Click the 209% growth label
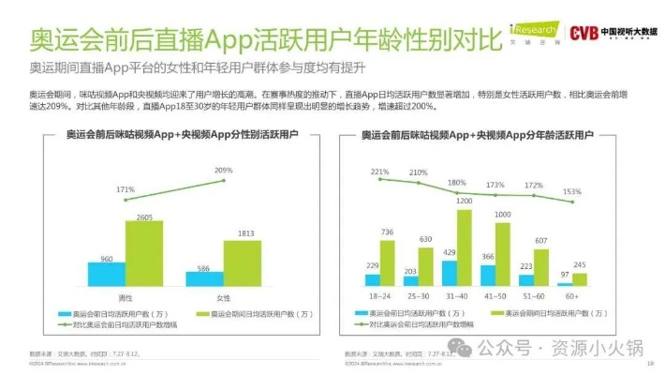(223, 171)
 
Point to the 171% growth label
(126, 190)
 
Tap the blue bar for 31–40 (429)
(451, 273)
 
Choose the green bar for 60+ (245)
(580, 278)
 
